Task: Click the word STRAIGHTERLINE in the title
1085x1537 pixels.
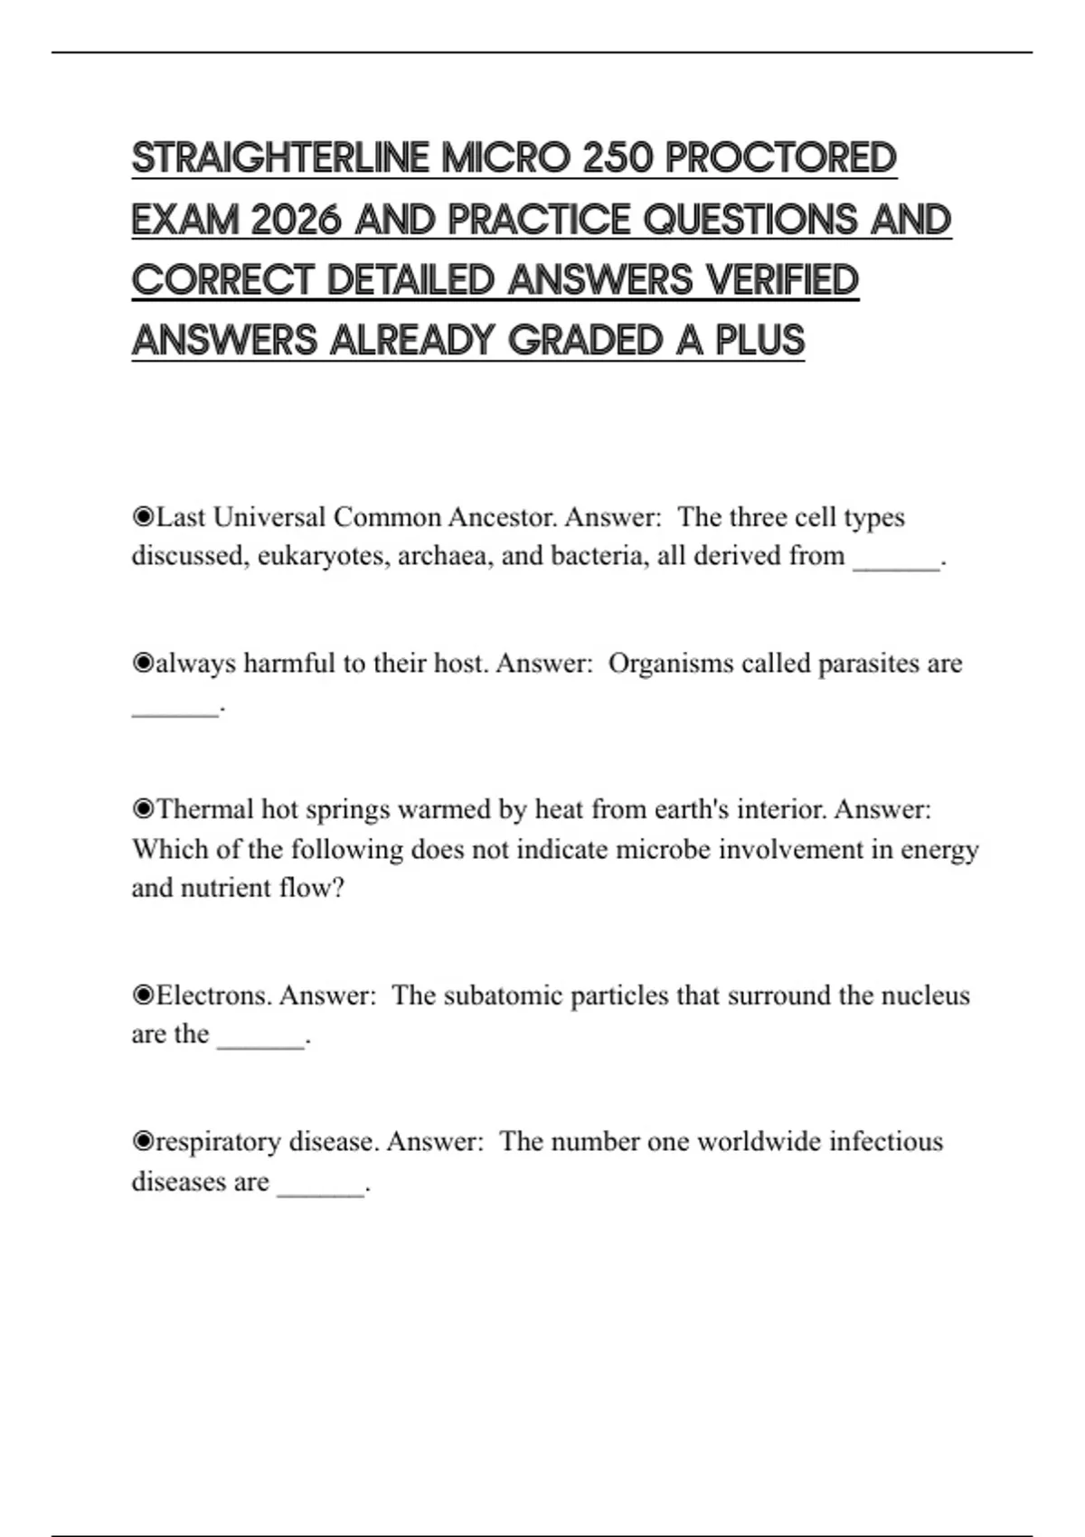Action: point(280,158)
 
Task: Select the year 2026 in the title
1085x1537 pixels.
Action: point(296,220)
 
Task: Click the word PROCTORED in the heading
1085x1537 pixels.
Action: point(781,158)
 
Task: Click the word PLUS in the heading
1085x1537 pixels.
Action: point(759,341)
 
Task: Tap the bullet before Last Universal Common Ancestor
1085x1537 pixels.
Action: point(143,517)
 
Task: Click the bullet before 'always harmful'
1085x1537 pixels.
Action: point(143,664)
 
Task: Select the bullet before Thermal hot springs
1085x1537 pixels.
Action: point(143,809)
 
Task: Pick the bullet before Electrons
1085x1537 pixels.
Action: point(143,995)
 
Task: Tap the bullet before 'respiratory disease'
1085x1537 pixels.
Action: point(143,1142)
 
